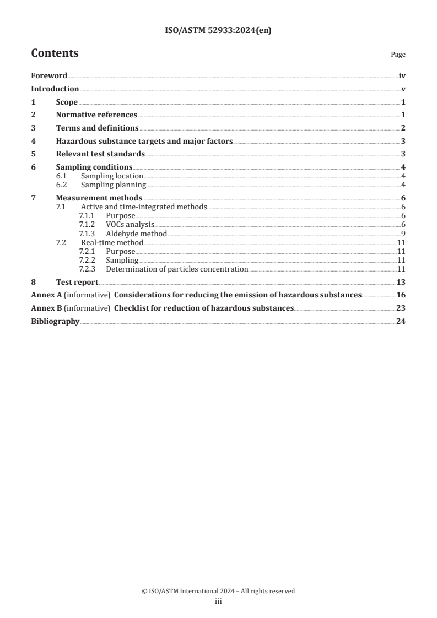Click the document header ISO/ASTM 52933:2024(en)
218,31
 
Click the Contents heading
55,53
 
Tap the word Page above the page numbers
398,55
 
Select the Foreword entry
49,76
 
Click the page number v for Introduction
403,89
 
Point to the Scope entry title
67,102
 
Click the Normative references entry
96,115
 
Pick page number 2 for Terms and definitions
403,128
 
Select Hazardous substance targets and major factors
144,141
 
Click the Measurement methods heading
99,198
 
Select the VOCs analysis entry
130,225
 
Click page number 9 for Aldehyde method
403,234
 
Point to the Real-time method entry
112,242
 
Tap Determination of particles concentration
177,269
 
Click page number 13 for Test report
401,282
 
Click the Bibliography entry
55,322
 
